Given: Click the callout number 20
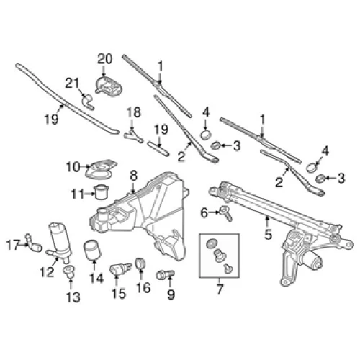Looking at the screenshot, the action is tap(105, 59).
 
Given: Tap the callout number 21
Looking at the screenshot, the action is tap(72, 84).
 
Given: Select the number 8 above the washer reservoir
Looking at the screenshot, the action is tap(133, 176).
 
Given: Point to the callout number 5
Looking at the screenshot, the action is tap(268, 234).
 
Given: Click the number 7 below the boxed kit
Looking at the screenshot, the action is tap(220, 289).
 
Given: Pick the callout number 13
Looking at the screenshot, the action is tap(73, 297).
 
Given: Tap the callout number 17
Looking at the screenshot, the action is tap(13, 245).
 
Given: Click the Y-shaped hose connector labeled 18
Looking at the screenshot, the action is tap(133, 136).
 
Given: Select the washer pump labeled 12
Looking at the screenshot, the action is tap(59, 243).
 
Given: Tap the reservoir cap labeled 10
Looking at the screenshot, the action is tap(102, 169).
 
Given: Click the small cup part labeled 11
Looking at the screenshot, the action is tap(102, 192).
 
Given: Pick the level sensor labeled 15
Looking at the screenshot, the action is tap(120, 269).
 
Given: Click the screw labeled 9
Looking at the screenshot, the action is tap(166, 275).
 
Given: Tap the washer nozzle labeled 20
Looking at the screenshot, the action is tap(109, 86).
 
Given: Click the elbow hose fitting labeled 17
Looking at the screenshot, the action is tap(33, 243).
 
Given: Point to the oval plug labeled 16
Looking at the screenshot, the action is tap(140, 264).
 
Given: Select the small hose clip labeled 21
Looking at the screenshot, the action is tap(87, 102).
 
